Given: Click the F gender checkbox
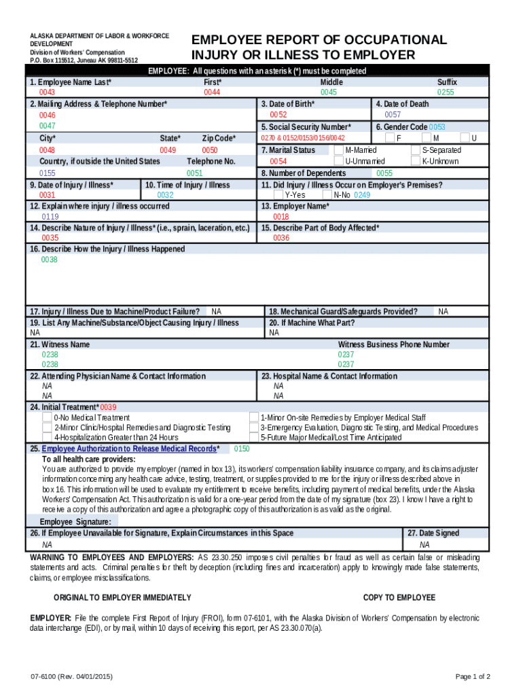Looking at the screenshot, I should [x=389, y=138].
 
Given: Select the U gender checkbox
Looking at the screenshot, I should [x=465, y=138].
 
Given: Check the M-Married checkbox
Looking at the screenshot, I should [x=340, y=150].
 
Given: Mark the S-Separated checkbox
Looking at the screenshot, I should [x=416, y=150].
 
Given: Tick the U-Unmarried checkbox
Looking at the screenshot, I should [x=340, y=161].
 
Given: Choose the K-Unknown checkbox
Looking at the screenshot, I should [x=416, y=161].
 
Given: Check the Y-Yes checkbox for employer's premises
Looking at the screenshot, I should [x=278, y=194].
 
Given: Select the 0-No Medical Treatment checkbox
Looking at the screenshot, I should [x=47, y=417].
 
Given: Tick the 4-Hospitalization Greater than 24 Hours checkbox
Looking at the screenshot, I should [x=47, y=438].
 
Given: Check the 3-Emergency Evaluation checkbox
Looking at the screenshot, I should [x=254, y=428].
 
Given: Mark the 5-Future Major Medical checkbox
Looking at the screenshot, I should [x=254, y=438].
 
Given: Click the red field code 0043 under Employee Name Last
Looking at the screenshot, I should [x=48, y=92].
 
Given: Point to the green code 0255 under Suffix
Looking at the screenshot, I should [x=446, y=92].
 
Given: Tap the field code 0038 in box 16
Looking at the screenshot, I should [x=50, y=260].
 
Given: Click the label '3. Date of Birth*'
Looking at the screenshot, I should [x=287, y=104].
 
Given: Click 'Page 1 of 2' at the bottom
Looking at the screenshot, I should [x=473, y=676].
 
